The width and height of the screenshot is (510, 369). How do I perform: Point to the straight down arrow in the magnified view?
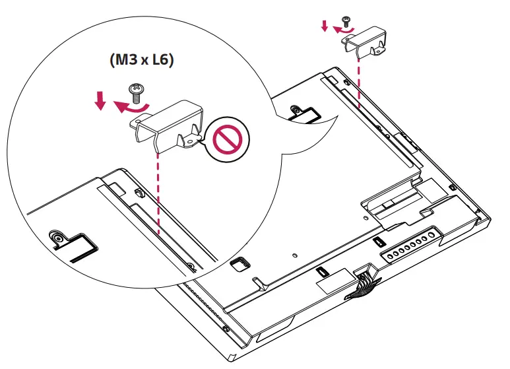[100, 100]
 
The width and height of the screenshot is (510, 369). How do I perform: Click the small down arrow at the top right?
[324, 26]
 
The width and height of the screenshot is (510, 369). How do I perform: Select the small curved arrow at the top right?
[342, 29]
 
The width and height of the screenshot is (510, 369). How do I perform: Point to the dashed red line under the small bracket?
[358, 79]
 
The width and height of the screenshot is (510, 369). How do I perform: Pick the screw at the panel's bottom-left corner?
[226, 328]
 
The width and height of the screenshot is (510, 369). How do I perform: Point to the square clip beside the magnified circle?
[240, 262]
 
